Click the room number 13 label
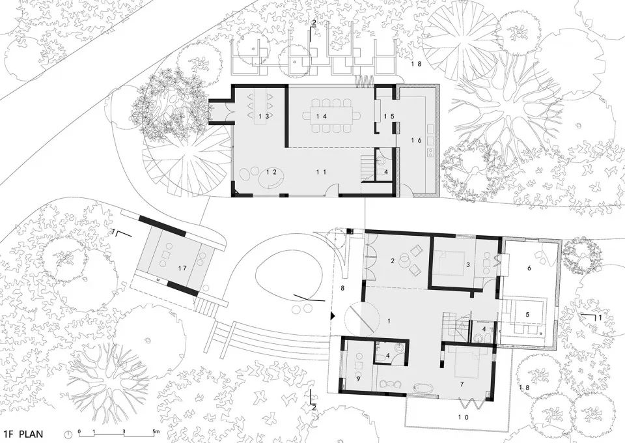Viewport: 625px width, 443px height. coord(264,116)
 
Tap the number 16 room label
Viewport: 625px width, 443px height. coord(417,140)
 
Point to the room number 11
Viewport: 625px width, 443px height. coord(321,172)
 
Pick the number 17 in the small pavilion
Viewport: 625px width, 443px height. coord(182,268)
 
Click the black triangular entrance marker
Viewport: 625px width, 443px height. coord(331,316)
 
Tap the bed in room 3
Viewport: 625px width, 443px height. coord(449,263)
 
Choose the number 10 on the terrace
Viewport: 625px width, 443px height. coord(465,417)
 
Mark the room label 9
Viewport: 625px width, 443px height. coord(358,379)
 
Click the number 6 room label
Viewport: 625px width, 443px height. coord(529,268)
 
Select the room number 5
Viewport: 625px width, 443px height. coord(527,315)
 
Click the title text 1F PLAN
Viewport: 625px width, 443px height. coord(23,434)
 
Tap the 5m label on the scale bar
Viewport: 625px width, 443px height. coord(156,431)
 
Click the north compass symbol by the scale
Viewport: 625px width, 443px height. coord(68,434)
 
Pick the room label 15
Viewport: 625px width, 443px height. coord(389,117)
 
